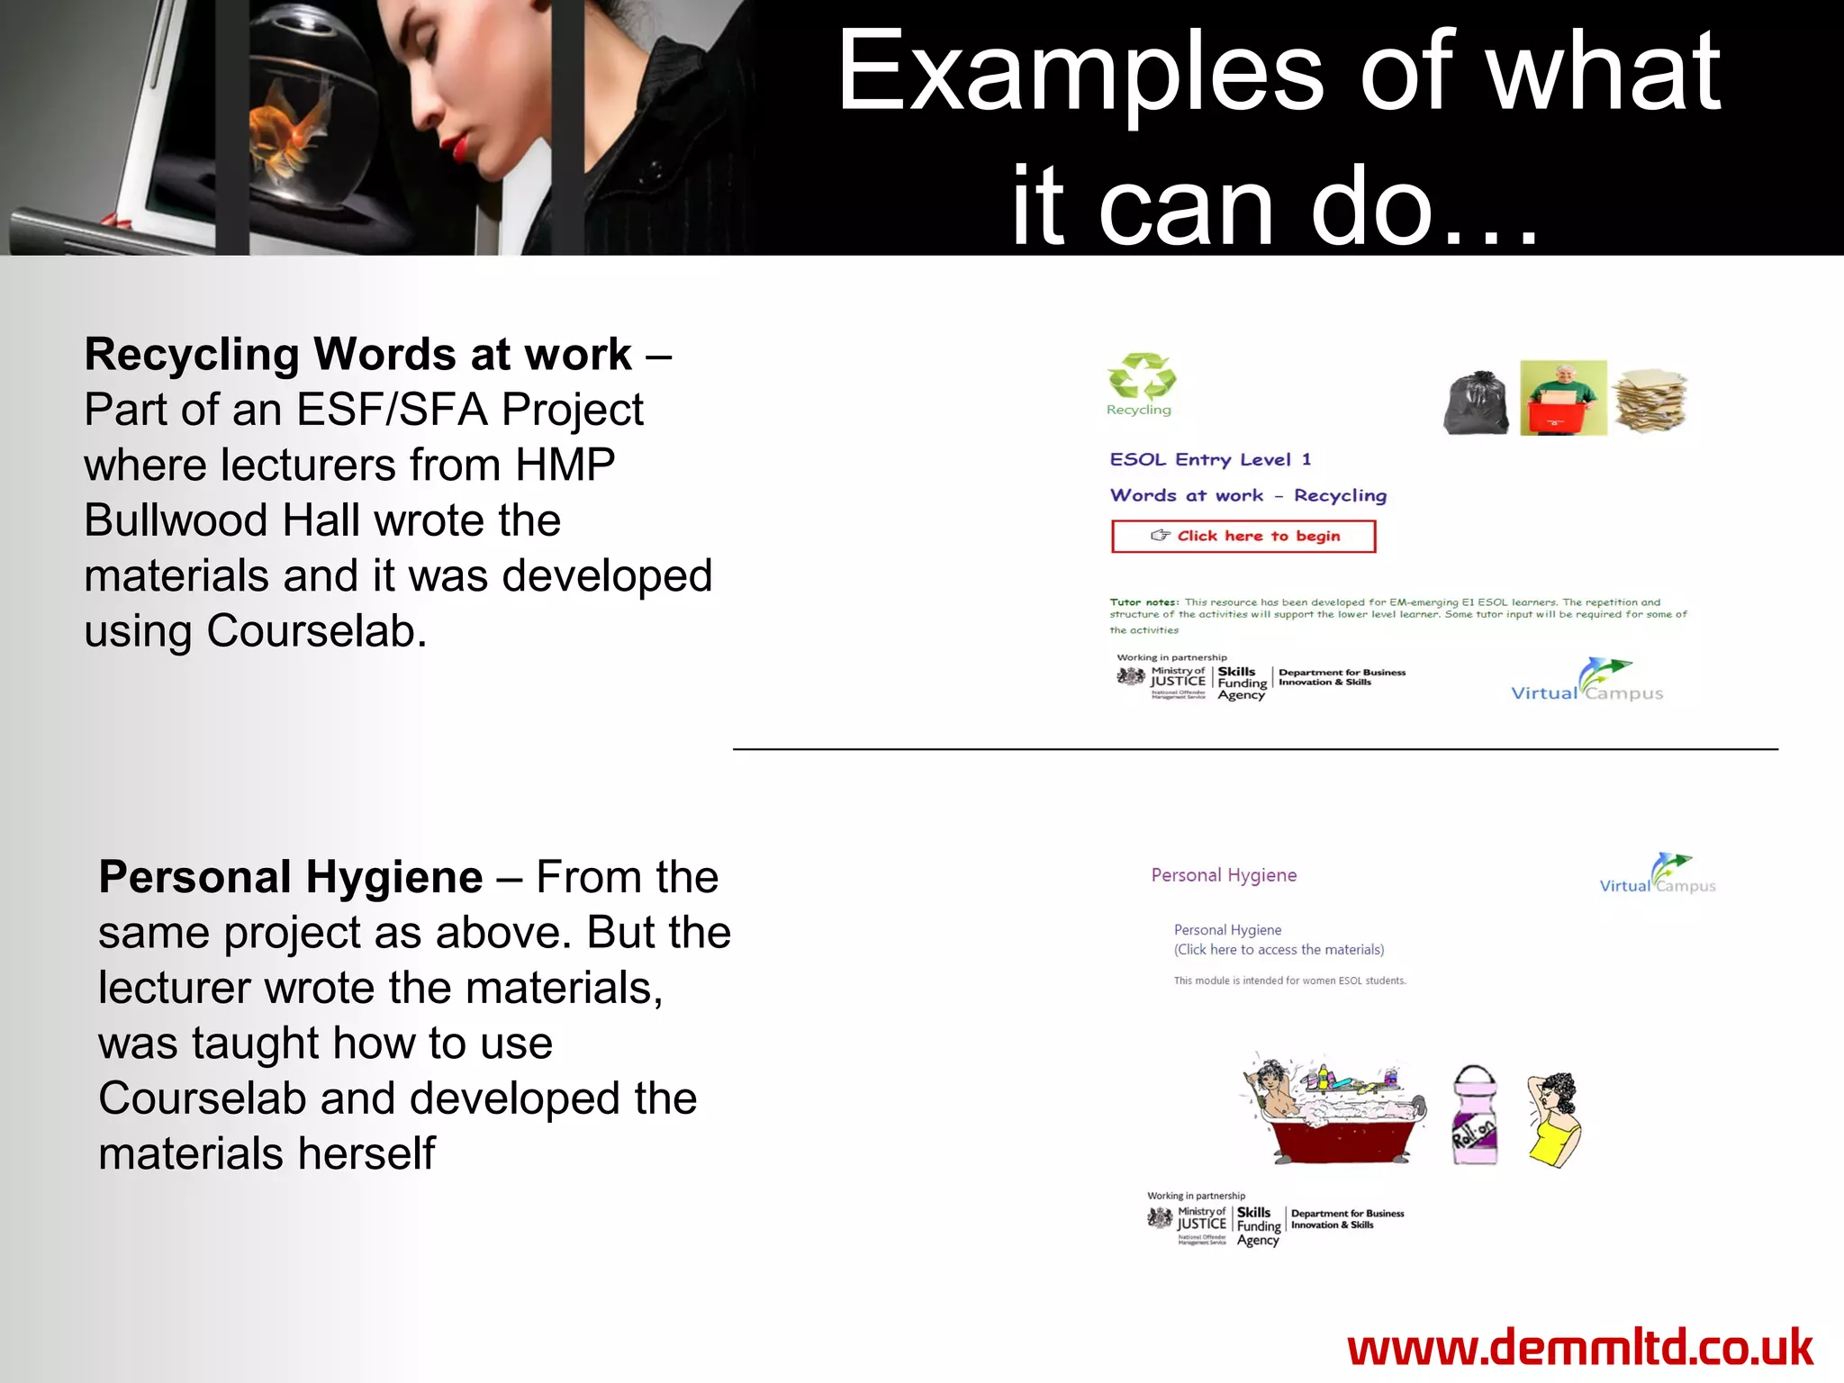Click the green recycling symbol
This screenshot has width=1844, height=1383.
(x=1142, y=376)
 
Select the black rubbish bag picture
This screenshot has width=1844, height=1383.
(x=1477, y=403)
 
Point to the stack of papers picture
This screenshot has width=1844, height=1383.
(x=1650, y=400)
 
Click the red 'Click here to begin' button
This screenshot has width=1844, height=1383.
(x=1243, y=537)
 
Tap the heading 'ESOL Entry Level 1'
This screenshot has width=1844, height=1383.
(x=1210, y=460)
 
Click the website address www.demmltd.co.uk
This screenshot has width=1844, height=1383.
(x=1580, y=1348)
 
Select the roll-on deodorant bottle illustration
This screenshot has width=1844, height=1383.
(x=1475, y=1117)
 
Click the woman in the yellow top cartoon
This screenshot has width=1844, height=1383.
(x=1555, y=1119)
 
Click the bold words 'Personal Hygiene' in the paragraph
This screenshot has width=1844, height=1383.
(x=291, y=877)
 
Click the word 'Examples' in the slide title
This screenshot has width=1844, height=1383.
(x=1080, y=72)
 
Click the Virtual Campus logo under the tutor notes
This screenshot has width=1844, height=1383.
(x=1586, y=682)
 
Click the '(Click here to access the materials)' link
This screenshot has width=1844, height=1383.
(x=1279, y=950)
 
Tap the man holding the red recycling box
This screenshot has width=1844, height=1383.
(x=1563, y=398)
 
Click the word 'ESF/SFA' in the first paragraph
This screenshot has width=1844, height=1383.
(x=392, y=411)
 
